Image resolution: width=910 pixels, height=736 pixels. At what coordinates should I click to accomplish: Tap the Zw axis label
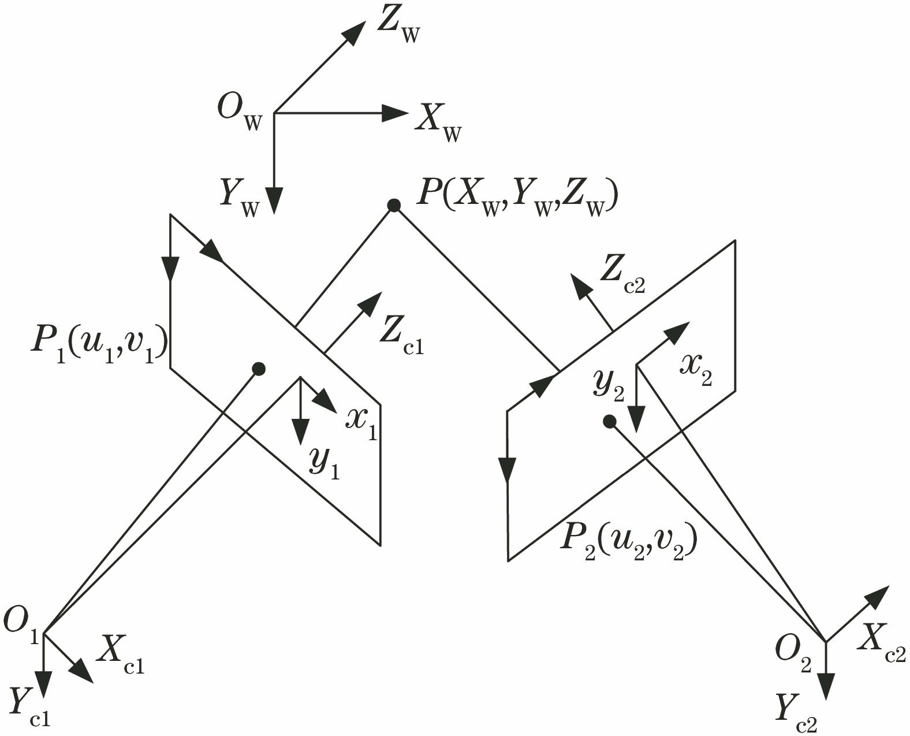398,27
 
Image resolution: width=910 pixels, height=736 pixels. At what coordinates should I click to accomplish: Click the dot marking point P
394,205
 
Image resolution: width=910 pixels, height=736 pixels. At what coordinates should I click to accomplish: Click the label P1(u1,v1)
99,346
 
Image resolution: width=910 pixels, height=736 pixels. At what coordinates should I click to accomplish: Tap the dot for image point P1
259,368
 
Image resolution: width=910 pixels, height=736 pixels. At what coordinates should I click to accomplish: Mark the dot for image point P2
609,422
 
